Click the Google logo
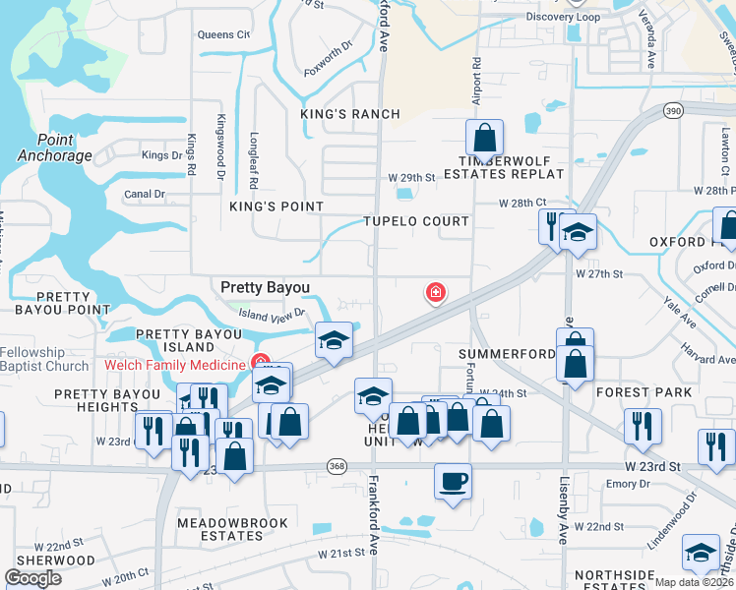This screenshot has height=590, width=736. click(33, 578)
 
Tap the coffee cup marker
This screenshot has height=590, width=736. click(452, 482)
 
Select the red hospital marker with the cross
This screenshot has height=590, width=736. click(434, 292)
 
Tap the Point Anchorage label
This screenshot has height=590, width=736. click(55, 147)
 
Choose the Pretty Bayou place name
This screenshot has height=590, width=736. click(265, 287)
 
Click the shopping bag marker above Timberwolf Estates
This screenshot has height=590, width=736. click(484, 137)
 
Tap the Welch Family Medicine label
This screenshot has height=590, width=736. click(174, 366)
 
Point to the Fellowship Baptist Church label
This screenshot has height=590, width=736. click(44, 360)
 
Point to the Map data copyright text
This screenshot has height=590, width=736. click(694, 582)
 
